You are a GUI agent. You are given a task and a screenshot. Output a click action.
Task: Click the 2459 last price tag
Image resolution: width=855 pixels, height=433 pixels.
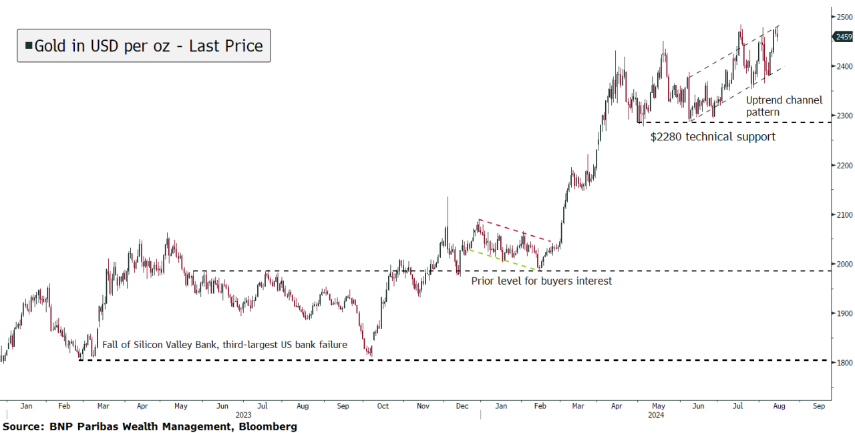(844, 37)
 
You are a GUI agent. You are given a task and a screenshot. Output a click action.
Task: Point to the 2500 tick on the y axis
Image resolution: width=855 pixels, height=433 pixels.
(843, 17)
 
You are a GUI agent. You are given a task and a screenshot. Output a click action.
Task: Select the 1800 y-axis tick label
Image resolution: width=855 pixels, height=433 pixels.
(843, 363)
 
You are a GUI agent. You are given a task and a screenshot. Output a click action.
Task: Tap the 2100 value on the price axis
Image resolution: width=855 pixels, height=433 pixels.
(843, 214)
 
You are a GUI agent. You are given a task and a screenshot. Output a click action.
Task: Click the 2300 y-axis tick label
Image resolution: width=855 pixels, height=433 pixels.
(843, 116)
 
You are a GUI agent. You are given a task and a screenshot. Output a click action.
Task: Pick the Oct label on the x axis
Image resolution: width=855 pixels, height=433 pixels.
(382, 406)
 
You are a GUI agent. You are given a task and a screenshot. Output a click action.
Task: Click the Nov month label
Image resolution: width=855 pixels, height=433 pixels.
(423, 406)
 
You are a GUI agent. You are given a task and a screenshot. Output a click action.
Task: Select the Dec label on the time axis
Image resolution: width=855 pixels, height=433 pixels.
(461, 406)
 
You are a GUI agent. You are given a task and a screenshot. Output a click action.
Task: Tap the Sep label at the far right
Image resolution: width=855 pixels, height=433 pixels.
(818, 406)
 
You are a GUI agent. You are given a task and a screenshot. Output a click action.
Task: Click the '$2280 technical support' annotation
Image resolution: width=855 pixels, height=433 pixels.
(713, 137)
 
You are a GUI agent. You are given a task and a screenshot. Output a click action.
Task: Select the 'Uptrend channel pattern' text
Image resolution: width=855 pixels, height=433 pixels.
(784, 106)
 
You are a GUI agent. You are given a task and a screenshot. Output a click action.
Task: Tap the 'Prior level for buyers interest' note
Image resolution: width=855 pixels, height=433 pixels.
(541, 281)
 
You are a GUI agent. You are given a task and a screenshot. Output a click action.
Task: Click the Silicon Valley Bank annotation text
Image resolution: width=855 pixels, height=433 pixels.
(224, 345)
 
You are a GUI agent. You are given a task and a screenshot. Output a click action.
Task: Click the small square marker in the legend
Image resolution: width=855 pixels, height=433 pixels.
(29, 45)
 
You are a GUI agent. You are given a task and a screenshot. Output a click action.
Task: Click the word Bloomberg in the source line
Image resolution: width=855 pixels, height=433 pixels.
(265, 426)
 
